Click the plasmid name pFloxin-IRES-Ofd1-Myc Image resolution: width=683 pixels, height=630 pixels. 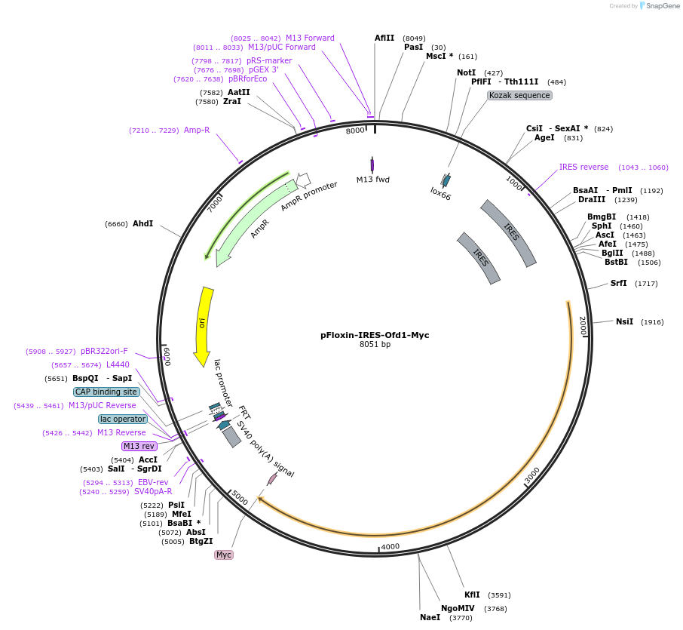point(375,335)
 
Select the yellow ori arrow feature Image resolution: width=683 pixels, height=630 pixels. point(203,324)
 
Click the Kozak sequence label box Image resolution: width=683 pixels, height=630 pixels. point(519,96)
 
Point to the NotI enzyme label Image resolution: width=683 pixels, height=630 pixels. point(466,72)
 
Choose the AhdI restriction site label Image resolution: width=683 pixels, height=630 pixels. point(142,224)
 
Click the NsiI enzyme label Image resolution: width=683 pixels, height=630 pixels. point(624,321)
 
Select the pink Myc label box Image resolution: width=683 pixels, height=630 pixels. point(224,555)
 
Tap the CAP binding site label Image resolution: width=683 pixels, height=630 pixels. point(106,392)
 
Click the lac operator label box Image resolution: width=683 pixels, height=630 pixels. point(123,419)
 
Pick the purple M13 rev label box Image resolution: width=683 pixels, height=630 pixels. point(139,446)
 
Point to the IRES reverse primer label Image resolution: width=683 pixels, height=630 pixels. point(583,167)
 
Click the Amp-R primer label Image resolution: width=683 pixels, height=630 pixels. point(197,131)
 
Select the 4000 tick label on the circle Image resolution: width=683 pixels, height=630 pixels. point(390,546)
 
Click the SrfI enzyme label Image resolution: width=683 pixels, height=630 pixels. point(618,284)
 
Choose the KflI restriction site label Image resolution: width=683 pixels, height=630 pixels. point(472,595)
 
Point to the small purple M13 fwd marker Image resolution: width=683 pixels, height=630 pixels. point(372,165)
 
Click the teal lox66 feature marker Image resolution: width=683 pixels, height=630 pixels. point(446,180)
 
